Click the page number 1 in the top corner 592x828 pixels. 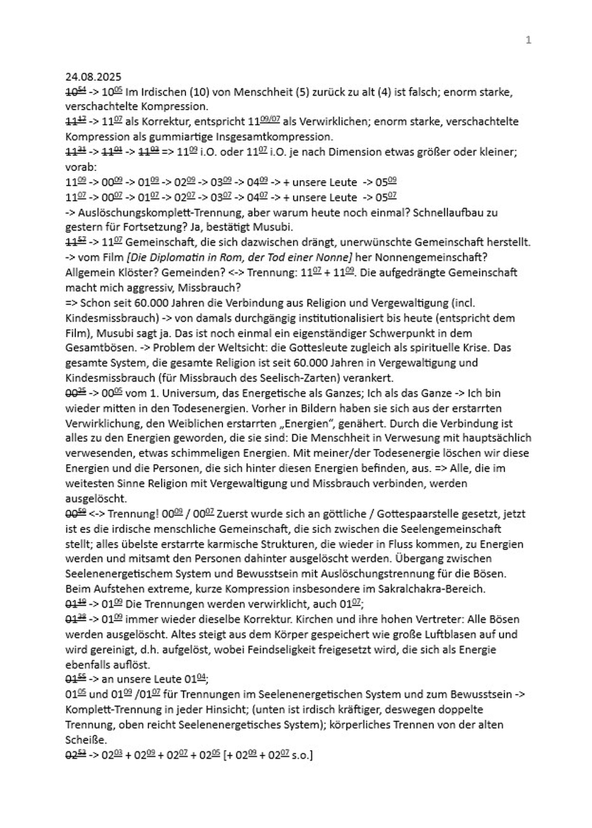[528, 40]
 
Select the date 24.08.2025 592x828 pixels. [93, 77]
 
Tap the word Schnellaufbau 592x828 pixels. [445, 212]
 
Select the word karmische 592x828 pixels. [233, 544]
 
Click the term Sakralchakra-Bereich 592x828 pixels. [431, 589]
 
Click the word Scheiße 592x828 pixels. [86, 740]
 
